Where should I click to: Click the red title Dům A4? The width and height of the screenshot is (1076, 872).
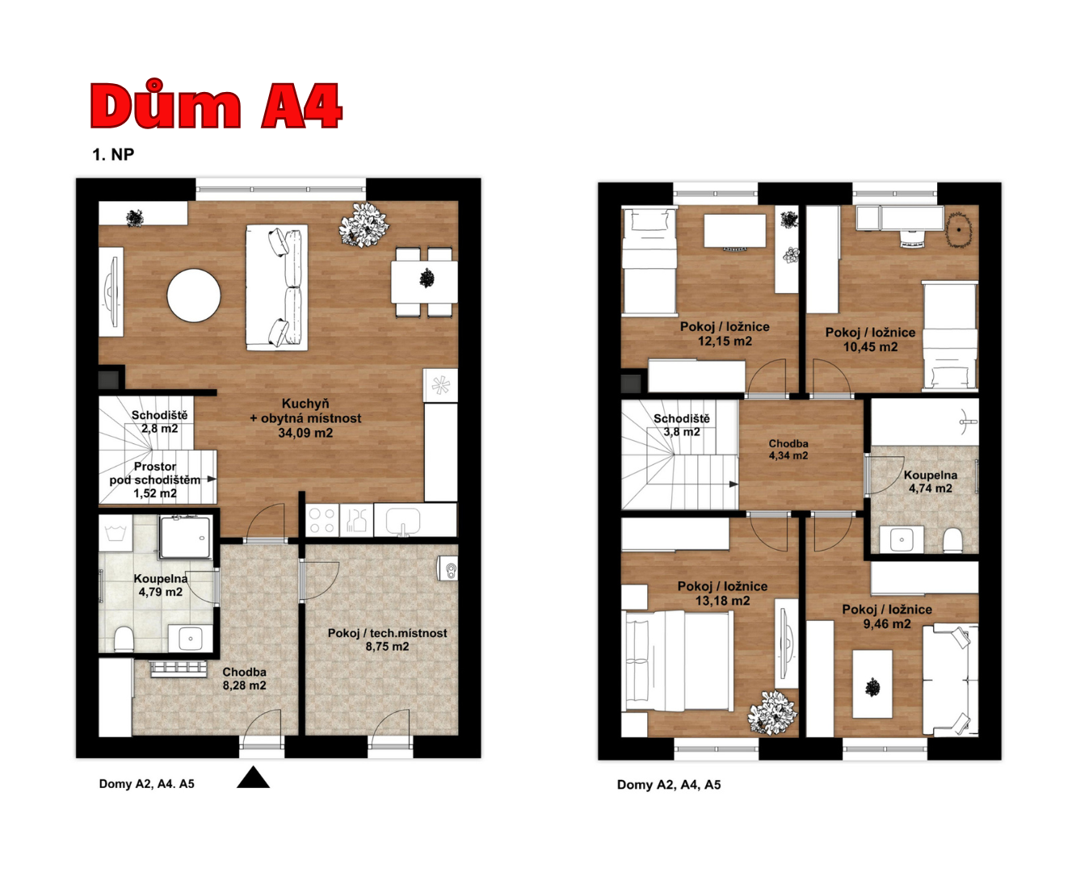216,105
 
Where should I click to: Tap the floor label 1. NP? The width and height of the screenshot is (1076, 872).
113,154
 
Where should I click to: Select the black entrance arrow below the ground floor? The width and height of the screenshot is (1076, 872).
253,777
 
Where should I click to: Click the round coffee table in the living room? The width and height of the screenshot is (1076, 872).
194,296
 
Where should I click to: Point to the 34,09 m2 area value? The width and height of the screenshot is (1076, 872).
305,433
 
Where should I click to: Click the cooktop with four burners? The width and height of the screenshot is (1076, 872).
322,521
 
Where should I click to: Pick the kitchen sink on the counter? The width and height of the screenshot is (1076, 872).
402,521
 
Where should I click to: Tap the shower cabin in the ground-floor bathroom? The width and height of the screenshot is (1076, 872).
185,537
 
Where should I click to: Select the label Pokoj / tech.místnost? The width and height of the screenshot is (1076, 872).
387,633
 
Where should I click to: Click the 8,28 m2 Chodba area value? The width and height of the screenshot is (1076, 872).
244,685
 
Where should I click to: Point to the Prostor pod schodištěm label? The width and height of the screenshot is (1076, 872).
154,473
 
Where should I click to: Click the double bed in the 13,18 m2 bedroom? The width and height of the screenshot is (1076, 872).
679,661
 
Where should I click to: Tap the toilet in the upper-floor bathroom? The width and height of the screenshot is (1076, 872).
952,540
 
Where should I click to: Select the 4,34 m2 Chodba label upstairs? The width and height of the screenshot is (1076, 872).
788,450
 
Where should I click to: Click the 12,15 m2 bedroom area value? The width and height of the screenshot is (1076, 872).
725,342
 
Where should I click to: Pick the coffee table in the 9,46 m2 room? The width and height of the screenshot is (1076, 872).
872,684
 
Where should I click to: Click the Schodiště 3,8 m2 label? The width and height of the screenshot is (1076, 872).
682,426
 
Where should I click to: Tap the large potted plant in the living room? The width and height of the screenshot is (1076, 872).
364,224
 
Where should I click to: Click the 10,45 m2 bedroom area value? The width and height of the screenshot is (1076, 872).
870,347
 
